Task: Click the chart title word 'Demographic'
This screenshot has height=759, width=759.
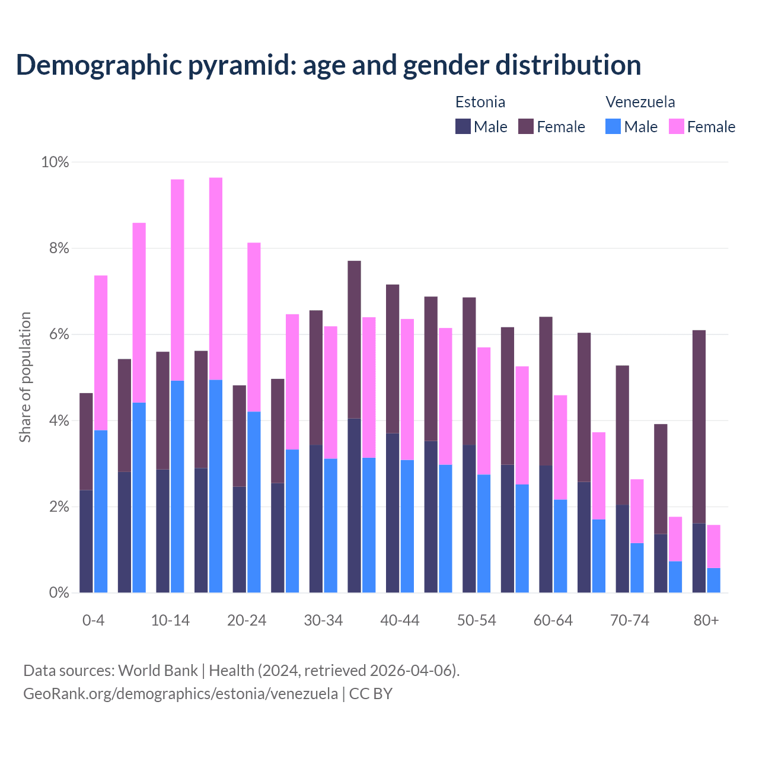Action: (x=98, y=65)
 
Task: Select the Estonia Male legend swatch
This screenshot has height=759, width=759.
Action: (x=463, y=126)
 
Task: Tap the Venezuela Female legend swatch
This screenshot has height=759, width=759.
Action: (x=676, y=126)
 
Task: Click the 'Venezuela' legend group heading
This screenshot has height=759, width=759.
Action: (x=640, y=102)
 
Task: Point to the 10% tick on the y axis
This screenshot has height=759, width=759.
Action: (x=55, y=162)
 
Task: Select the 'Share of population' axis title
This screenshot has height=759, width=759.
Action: (x=25, y=377)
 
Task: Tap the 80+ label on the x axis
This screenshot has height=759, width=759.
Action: (x=706, y=620)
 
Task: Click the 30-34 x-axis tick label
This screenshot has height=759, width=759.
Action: (x=323, y=620)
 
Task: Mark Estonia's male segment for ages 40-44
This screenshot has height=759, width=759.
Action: (x=393, y=513)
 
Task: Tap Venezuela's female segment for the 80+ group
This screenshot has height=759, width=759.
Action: (x=714, y=546)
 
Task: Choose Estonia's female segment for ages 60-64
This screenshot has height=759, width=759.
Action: (x=546, y=391)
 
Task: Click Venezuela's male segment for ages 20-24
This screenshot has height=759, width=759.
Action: (x=254, y=502)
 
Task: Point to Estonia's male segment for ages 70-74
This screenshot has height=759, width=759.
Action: (x=622, y=548)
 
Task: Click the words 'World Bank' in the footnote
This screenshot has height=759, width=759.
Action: (x=158, y=671)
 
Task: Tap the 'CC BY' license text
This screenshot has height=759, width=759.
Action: (x=371, y=693)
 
